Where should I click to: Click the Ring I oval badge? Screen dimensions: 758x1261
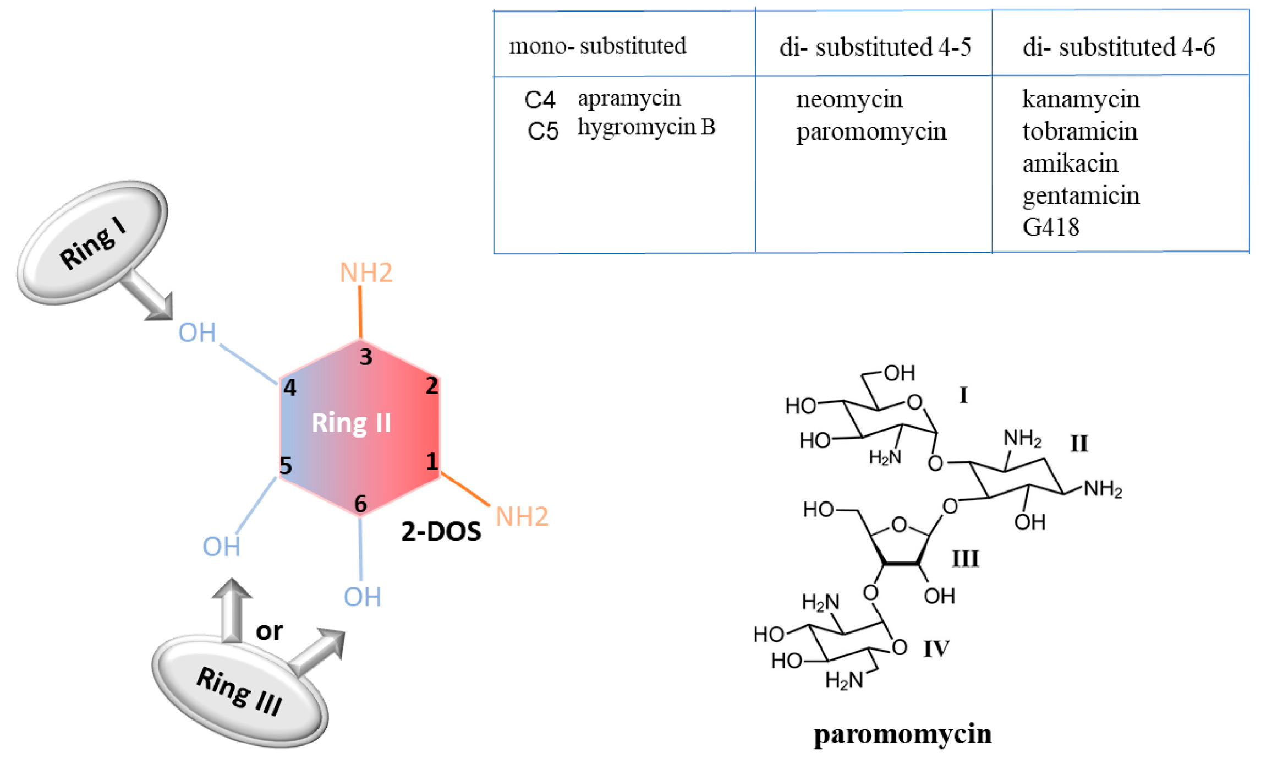point(92,242)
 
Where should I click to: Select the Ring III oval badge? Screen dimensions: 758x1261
point(240,691)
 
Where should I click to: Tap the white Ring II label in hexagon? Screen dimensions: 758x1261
point(351,423)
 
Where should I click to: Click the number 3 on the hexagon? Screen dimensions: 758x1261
point(366,357)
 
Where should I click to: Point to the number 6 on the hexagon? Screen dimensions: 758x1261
point(360,503)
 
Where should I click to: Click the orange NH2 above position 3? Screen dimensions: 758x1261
point(366,272)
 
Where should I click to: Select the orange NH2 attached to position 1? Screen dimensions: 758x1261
point(522,516)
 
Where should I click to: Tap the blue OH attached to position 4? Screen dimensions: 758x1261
point(197,332)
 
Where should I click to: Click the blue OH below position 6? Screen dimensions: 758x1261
point(362,597)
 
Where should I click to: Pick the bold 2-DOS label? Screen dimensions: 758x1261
point(441,532)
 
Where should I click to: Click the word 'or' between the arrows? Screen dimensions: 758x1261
point(269,630)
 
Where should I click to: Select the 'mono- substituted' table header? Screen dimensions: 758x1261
point(597,46)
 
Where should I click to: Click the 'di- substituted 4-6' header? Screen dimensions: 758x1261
point(1118,47)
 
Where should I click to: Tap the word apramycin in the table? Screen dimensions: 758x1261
point(629,99)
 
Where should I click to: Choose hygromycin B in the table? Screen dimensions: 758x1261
point(646,127)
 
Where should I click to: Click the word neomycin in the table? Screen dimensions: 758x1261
point(849,100)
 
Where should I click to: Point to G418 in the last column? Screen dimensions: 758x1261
point(1050,227)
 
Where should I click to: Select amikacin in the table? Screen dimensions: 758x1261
point(1070,163)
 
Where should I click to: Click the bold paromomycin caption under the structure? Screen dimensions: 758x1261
point(902,734)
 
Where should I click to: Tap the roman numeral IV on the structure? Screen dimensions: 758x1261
point(936,648)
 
